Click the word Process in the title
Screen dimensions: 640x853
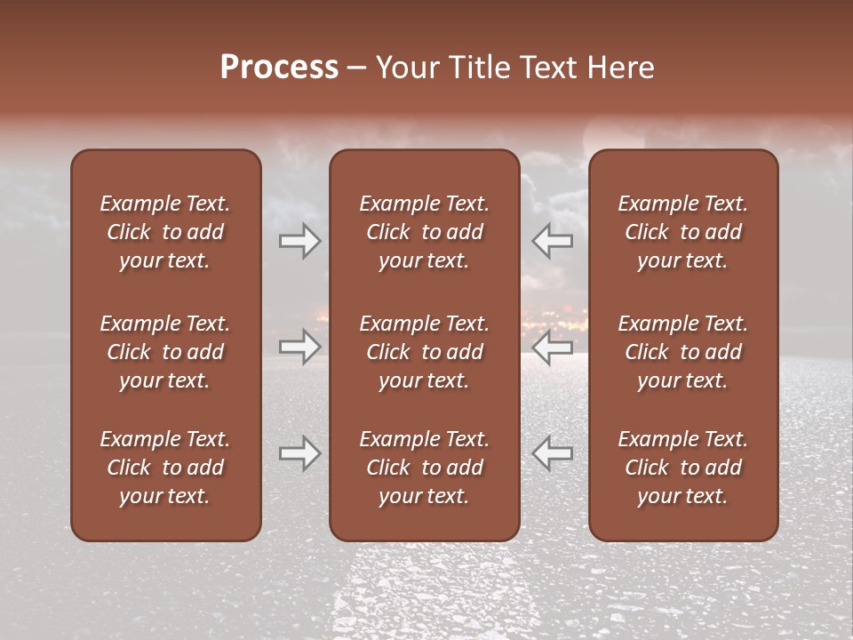click(279, 68)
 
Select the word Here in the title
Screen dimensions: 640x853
click(620, 68)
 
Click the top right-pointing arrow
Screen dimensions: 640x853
click(300, 241)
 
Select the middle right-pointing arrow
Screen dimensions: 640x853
click(300, 347)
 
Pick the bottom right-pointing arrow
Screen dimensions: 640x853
click(300, 453)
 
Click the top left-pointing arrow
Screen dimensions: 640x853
click(552, 241)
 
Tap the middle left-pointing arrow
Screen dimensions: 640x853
click(552, 347)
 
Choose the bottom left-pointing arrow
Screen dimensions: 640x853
click(552, 453)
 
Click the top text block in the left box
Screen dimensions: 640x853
click(165, 232)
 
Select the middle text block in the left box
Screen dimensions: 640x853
click(165, 352)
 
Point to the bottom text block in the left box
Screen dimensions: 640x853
click(165, 468)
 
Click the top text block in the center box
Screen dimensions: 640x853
click(424, 232)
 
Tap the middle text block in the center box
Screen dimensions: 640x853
click(424, 352)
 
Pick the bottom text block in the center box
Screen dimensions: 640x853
click(424, 468)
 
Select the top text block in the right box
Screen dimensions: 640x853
click(683, 232)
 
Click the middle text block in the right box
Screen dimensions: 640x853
click(683, 352)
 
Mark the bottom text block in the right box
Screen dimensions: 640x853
click(683, 468)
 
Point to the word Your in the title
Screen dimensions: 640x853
click(406, 68)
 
